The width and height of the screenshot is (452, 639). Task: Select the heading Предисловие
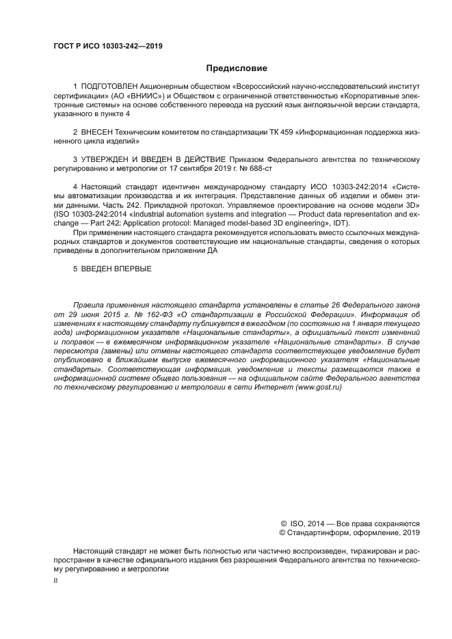point(237,68)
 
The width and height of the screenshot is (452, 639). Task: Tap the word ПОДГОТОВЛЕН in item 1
point(109,88)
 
